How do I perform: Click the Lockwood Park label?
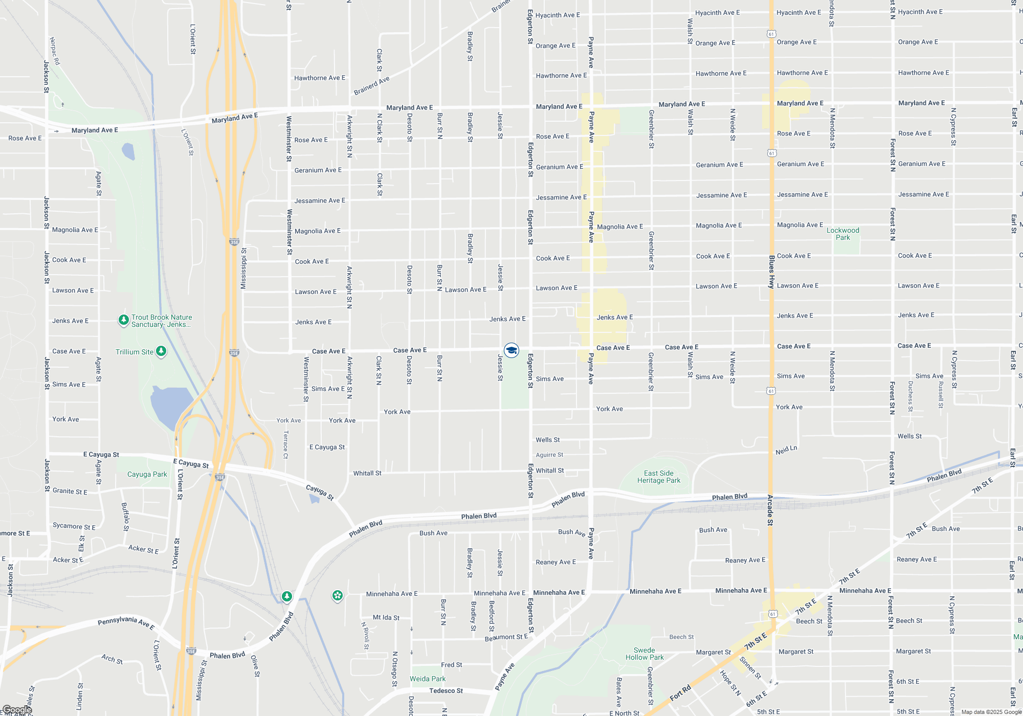[x=842, y=234]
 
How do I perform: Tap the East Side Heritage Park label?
[x=658, y=477]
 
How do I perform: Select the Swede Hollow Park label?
[x=644, y=654]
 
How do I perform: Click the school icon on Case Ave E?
[x=511, y=350]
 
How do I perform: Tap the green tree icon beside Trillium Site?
[x=161, y=351]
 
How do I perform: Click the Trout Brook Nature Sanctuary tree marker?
[x=123, y=320]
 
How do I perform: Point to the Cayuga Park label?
[x=147, y=474]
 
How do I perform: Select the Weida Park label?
[x=428, y=679]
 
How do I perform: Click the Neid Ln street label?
[x=786, y=450]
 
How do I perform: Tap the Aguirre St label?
[x=549, y=455]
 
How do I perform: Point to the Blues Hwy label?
[x=771, y=272]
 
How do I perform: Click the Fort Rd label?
[x=680, y=693]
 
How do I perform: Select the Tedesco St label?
[x=446, y=690]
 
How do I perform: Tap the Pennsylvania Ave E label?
[x=126, y=622]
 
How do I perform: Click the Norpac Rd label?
[x=55, y=51]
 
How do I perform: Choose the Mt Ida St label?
[x=386, y=617]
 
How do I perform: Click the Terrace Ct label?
[x=286, y=444]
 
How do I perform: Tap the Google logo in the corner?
[x=17, y=710]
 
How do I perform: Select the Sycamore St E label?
[x=74, y=526]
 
